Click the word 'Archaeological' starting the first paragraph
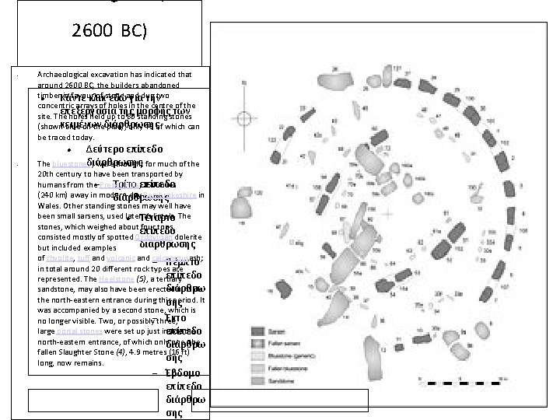tap(64, 75)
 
